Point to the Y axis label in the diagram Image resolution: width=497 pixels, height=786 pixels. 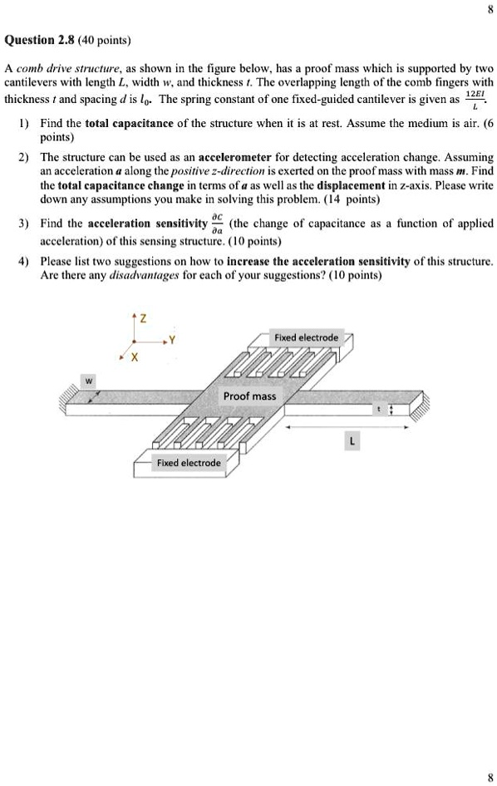pos(173,339)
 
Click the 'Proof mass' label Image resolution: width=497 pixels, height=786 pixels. pos(249,395)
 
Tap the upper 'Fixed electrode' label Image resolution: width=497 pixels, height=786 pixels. pos(306,338)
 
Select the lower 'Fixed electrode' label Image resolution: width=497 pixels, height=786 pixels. pos(189,463)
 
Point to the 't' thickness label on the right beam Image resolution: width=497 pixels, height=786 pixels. pos(378,409)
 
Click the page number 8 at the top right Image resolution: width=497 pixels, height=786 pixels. pos(490,11)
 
